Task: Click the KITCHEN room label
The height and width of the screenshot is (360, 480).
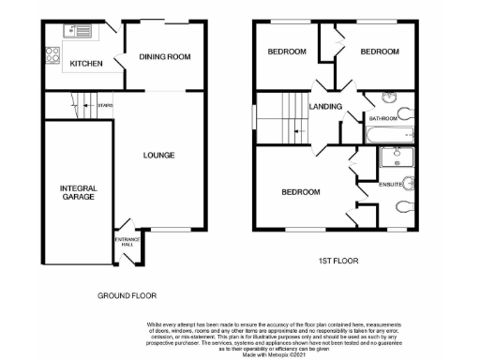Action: click(x=86, y=64)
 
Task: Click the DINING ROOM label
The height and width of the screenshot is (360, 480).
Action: click(x=165, y=57)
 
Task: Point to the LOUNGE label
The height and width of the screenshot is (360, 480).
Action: click(x=158, y=155)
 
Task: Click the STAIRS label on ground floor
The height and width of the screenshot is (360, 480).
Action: click(x=105, y=106)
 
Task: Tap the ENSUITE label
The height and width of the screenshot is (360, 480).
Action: click(x=390, y=184)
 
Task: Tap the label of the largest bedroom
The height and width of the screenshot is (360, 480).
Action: click(x=301, y=192)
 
